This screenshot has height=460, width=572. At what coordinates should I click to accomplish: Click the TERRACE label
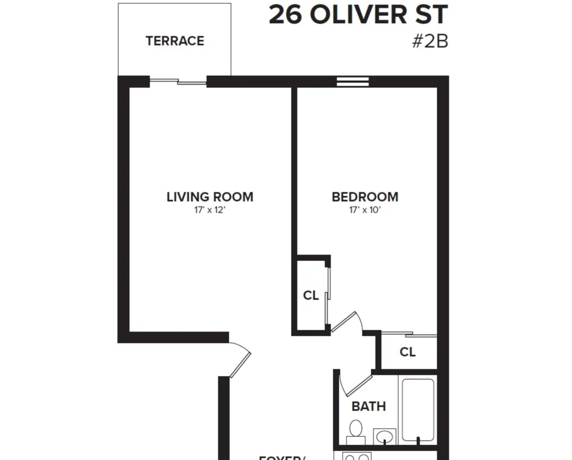point(174,41)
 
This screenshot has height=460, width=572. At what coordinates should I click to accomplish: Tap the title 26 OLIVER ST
point(358,15)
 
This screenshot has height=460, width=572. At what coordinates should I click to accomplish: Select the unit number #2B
point(430,42)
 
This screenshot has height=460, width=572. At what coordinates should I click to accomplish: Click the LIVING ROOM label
point(210,197)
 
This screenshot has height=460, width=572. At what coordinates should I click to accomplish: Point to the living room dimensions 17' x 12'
point(210,210)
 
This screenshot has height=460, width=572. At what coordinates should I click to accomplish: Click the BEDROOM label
point(365,197)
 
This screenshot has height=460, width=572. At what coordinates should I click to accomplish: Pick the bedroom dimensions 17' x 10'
point(365,210)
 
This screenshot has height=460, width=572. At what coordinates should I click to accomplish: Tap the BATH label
point(369,407)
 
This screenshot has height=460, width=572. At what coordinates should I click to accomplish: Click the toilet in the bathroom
point(356,431)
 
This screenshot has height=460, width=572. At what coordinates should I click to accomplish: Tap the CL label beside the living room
point(311,296)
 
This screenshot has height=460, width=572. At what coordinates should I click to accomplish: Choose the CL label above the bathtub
point(408,352)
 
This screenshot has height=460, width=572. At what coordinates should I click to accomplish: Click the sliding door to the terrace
point(178,82)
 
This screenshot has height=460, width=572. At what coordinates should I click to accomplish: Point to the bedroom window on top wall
point(353,82)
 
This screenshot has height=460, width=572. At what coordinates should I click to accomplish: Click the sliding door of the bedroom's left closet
point(328,296)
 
